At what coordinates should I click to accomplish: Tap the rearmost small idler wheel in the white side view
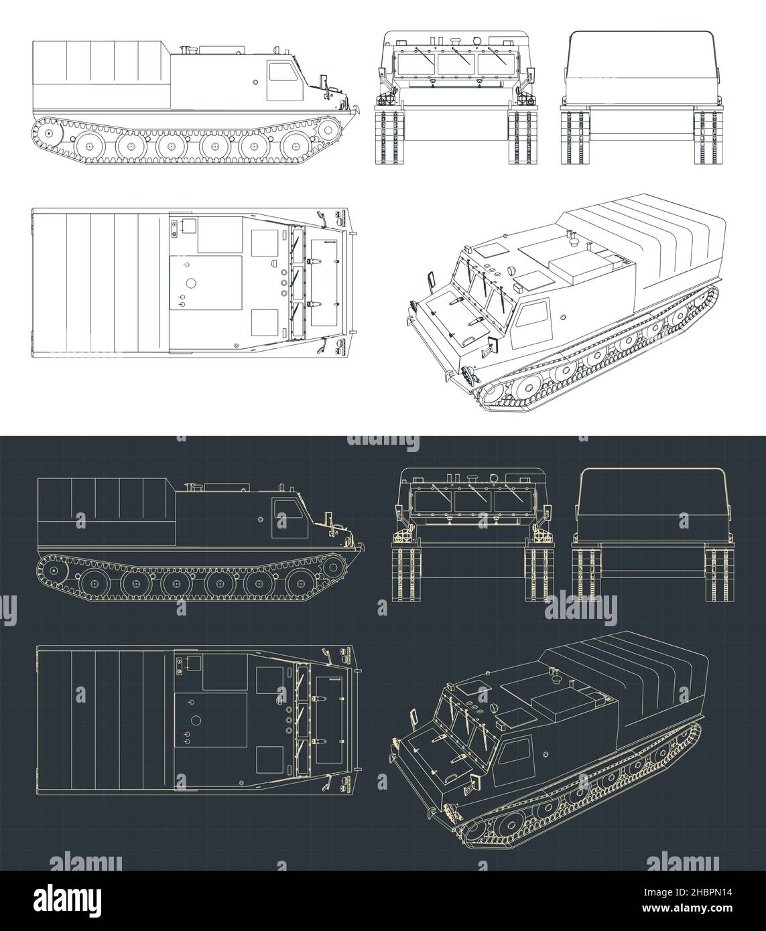(x=48, y=134)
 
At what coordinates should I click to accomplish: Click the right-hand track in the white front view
(x=523, y=137)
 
